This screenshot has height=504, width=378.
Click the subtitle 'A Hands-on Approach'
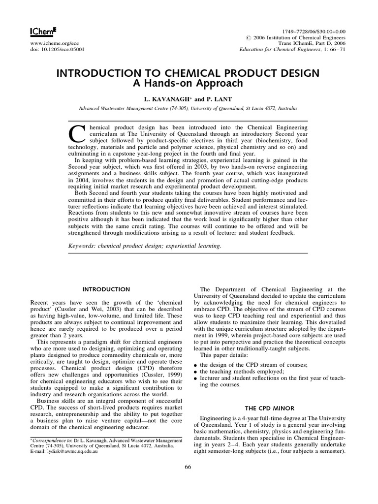click(189, 83)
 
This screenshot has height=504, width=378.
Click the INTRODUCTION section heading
click(106, 289)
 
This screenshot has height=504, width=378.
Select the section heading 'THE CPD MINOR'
click(266, 408)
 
